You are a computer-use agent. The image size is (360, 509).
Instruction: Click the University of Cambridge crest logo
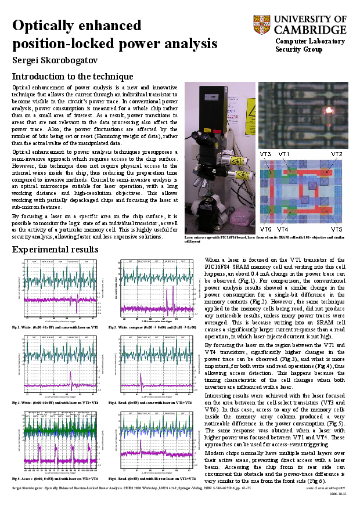tap(261, 25)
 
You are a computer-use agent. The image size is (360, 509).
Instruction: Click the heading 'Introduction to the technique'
tap(73, 77)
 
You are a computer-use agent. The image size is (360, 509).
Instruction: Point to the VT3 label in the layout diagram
tap(265, 154)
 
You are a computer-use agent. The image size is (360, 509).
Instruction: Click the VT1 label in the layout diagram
tap(284, 154)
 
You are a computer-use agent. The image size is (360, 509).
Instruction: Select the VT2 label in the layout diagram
tap(337, 154)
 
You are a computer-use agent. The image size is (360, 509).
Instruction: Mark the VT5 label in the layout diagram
tap(337, 230)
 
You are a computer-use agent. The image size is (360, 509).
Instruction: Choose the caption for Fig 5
tap(56, 478)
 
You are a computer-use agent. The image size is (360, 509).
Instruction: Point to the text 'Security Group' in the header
tap(298, 49)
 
